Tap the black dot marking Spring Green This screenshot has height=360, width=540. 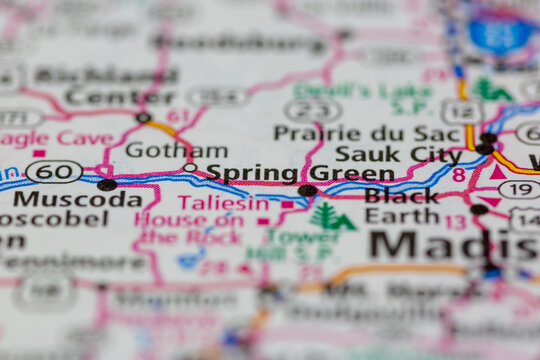(x=307, y=190)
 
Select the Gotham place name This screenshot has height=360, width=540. (x=176, y=150)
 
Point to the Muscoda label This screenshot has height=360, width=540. (x=77, y=198)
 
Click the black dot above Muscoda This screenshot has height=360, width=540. (x=106, y=184)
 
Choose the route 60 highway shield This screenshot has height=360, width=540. (x=54, y=172)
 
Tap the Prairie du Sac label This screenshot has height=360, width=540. (x=352, y=132)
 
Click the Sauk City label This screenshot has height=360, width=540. (x=398, y=153)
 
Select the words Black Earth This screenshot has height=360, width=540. (x=401, y=205)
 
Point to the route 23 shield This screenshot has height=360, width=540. (x=312, y=110)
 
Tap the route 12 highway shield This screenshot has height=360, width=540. (x=462, y=112)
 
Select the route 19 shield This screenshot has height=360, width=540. (x=519, y=189)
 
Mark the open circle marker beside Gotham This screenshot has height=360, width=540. (x=189, y=167)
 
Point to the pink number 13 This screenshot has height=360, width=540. (x=455, y=221)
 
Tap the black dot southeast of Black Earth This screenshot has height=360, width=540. (x=480, y=209)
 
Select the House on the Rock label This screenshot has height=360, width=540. (x=189, y=228)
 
